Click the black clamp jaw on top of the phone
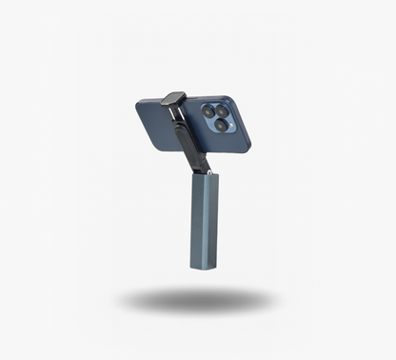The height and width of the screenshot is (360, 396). point(173,98)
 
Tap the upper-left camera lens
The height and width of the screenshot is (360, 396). point(208,111)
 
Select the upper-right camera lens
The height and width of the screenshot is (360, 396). point(225,109)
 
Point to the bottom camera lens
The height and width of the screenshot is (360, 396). point(221,125)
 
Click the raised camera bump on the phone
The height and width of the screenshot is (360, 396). point(218,115)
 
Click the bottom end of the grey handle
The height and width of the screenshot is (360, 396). point(203,267)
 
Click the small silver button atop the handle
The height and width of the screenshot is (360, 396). point(208,172)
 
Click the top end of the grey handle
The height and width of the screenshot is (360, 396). point(205,176)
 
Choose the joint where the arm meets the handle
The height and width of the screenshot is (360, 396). point(202,169)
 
